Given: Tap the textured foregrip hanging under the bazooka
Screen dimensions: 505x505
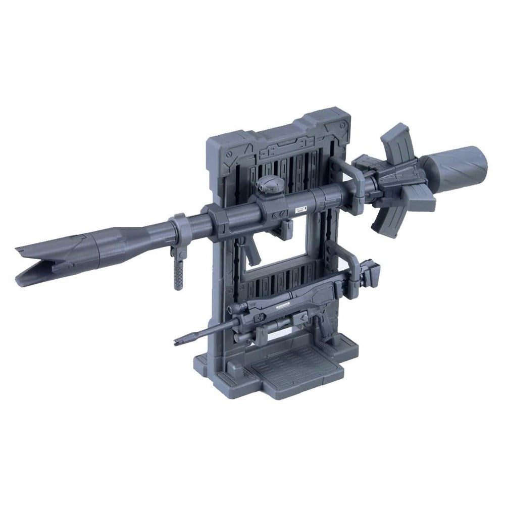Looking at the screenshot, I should coord(177,272).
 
